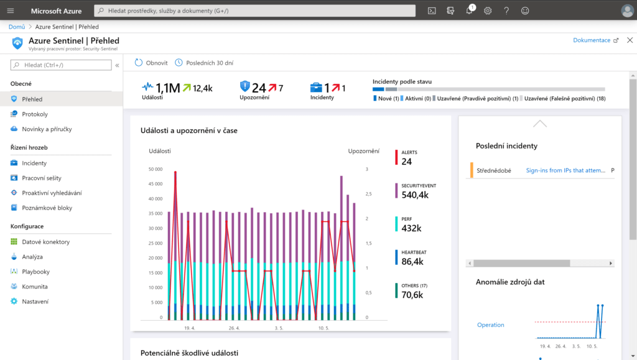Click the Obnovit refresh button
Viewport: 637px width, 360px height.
click(151, 63)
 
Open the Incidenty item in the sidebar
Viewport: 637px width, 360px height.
click(34, 163)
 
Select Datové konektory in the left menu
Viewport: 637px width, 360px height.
click(45, 242)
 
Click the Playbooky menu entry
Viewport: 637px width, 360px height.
click(35, 272)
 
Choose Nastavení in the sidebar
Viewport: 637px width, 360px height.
click(35, 302)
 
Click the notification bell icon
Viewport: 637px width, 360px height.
click(469, 11)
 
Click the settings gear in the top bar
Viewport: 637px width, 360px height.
click(488, 11)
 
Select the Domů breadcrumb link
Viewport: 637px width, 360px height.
click(17, 27)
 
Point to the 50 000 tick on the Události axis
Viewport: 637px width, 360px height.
click(156, 169)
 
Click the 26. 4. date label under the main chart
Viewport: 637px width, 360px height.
click(234, 328)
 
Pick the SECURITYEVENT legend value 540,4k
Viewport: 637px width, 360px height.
click(415, 195)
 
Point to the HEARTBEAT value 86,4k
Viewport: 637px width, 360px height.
click(412, 262)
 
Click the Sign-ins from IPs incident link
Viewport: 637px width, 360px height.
click(565, 170)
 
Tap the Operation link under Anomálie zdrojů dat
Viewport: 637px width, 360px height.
click(490, 325)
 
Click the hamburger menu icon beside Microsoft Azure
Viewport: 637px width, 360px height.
click(11, 11)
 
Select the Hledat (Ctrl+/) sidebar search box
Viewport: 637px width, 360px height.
click(61, 65)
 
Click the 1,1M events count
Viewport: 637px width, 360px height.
click(168, 88)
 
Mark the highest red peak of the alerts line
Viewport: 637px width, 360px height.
click(175, 172)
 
